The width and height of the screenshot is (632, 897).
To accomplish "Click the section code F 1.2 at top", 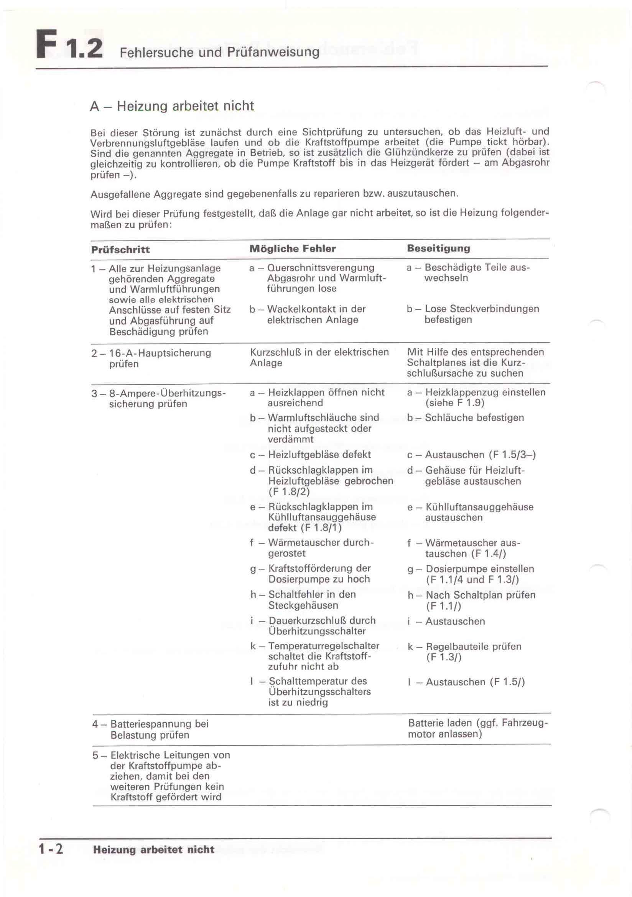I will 69,48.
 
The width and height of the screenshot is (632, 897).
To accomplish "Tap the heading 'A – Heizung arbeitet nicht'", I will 172,106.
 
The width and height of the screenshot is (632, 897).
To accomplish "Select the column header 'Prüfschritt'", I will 120,250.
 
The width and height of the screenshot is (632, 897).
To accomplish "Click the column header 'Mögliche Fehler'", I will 293,249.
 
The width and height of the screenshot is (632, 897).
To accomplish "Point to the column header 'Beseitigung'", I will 438,248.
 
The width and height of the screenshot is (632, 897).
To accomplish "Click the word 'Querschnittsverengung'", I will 321,268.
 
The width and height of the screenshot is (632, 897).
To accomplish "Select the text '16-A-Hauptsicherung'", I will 160,353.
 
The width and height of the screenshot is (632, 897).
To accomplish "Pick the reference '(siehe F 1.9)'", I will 455,403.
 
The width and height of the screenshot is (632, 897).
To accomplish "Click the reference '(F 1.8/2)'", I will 289,492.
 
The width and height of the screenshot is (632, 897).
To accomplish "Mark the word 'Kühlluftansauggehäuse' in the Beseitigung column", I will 479,507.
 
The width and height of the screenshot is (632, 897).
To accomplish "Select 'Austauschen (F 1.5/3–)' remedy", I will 480,455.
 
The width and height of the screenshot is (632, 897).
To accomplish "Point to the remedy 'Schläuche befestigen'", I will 474,418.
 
